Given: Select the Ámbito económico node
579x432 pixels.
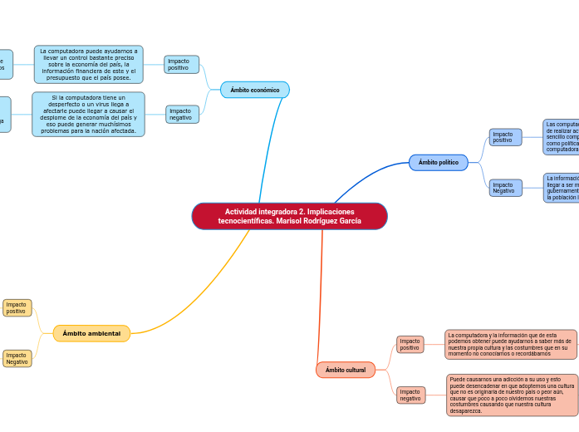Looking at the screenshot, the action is [255, 90].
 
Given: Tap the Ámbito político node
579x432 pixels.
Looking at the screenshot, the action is [438, 163].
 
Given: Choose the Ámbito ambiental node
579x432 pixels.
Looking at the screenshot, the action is [91, 334].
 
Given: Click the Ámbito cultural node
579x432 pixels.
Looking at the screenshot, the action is [346, 370].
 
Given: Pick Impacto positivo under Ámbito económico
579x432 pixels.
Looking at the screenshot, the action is [181, 65].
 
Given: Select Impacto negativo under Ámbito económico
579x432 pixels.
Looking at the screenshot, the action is [182, 114].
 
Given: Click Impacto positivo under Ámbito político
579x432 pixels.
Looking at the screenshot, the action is [505, 137].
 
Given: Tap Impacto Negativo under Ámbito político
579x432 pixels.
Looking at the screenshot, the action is [505, 188].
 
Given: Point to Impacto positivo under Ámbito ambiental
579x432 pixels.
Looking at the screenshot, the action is [17, 308].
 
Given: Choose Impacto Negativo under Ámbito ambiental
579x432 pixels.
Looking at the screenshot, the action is [17, 358].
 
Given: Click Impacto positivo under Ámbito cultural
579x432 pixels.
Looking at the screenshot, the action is [410, 344].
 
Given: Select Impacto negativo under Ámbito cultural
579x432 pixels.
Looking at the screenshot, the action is [410, 395].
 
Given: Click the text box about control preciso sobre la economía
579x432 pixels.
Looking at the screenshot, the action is [89, 65].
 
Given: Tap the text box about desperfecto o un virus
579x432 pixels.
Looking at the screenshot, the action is [88, 114].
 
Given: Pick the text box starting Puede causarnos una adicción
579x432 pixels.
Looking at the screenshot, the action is [512, 395].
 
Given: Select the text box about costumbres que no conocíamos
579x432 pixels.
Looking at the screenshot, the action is [510, 344].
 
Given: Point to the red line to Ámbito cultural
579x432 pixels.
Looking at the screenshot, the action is [320, 299].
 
